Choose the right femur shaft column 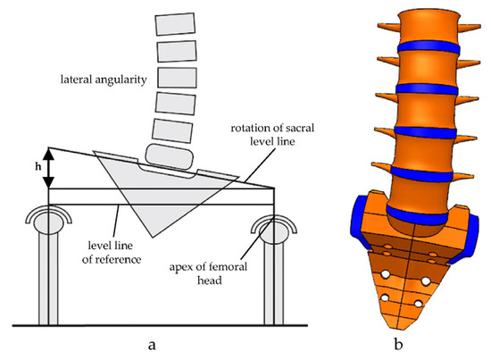(271, 277)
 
